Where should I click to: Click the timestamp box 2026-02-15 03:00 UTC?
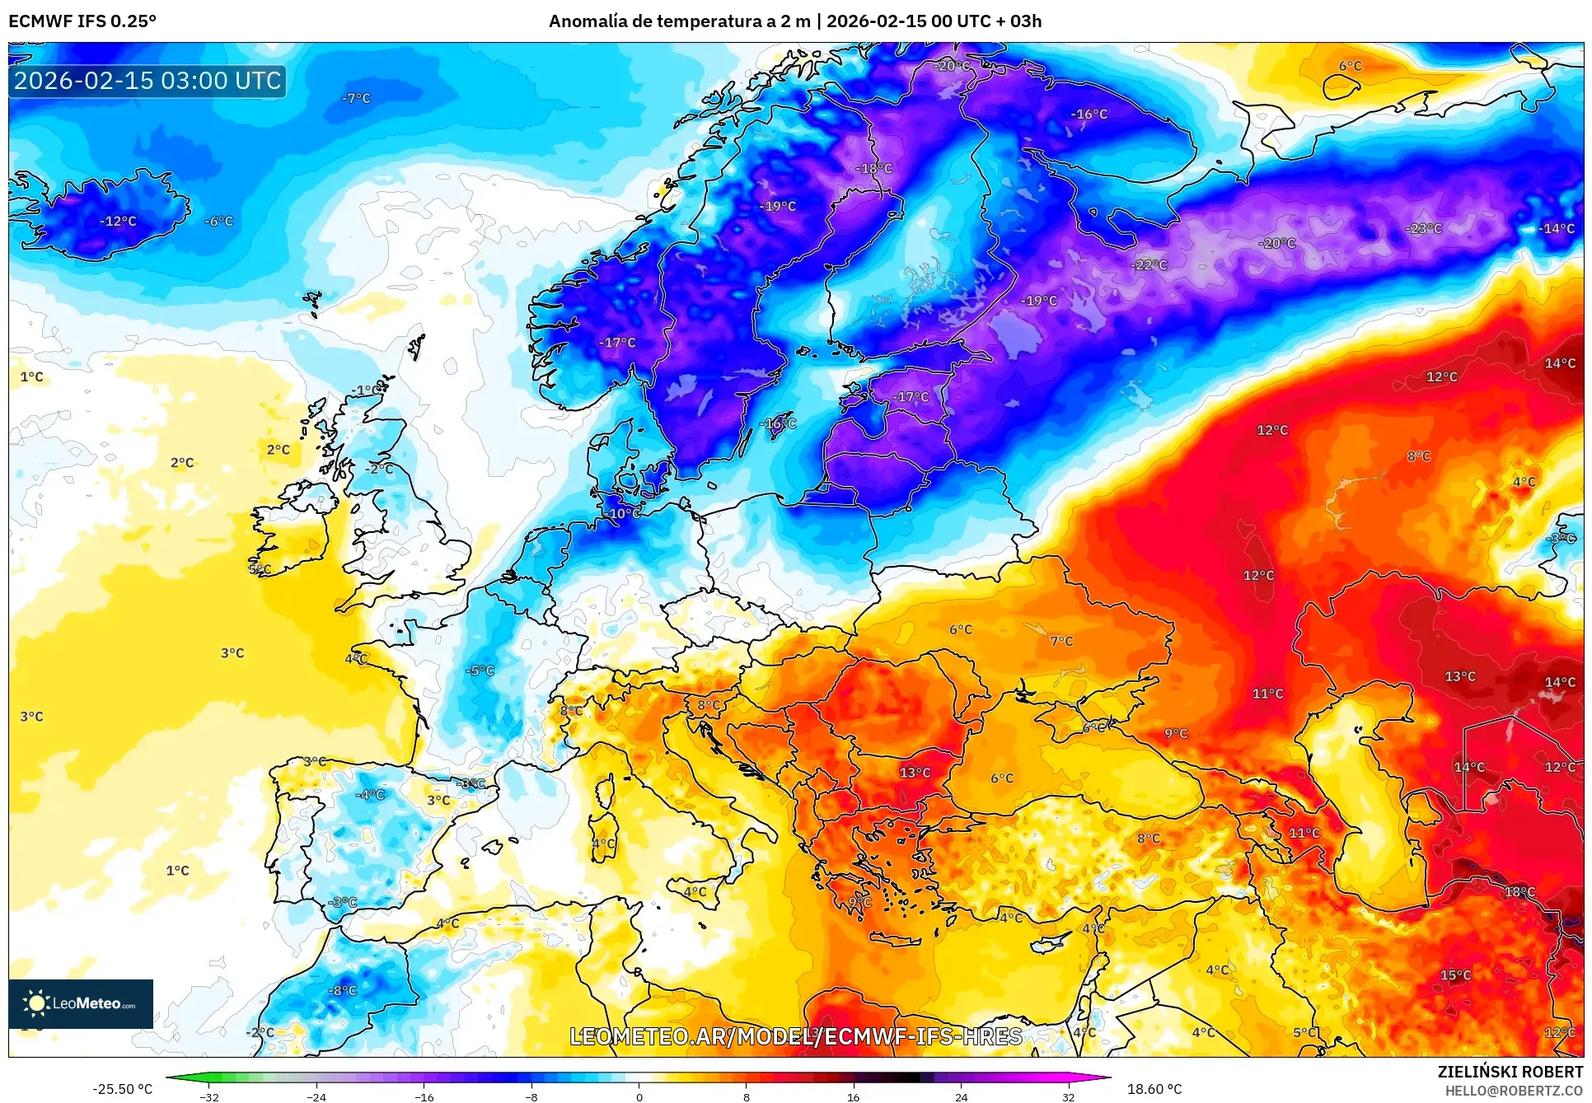pos(147,81)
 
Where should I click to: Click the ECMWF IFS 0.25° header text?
pos(82,21)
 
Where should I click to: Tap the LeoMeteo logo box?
pos(81,1003)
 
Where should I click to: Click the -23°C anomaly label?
pos(1423,228)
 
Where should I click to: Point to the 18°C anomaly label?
pos(1519,892)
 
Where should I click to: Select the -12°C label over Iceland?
pos(118,221)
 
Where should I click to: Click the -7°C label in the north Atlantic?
pos(356,98)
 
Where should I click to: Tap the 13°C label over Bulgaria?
pos(915,773)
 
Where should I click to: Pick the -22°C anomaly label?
pos(1150,264)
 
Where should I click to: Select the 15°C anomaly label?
pos(1455,975)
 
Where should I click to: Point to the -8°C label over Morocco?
pos(342,990)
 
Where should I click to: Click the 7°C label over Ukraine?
pos(1061,641)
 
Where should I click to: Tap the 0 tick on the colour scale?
pos(639,1096)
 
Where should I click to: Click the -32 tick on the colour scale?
pos(209,1096)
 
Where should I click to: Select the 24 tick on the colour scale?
pos(961,1096)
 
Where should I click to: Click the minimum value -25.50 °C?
pos(122,1089)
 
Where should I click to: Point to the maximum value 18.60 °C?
pos(1154,1089)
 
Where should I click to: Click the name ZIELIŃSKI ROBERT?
pos(1510,1072)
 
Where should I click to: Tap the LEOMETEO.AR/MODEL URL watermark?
pos(795,1036)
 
